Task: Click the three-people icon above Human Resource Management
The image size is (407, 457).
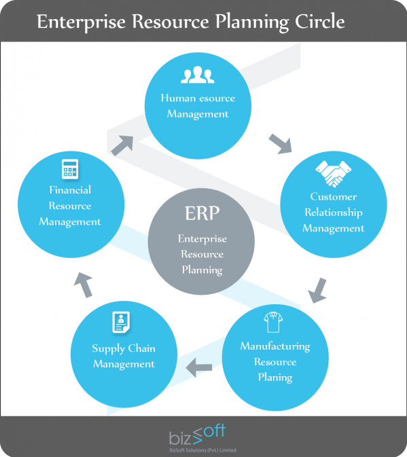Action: point(198,75)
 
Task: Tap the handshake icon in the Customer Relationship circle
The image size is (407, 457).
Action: point(333,173)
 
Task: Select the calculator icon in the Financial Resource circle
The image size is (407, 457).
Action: point(70,169)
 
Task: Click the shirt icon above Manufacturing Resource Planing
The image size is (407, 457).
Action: point(273,322)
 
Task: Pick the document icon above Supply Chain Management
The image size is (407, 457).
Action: point(121,322)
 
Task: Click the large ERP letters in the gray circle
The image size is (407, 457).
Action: point(202,213)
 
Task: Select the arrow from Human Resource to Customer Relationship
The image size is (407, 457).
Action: point(281,144)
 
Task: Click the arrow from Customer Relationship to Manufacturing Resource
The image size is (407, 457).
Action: point(317,291)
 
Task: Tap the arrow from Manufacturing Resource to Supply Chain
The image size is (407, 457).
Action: point(199,367)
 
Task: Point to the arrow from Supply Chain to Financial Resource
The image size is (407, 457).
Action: point(84,285)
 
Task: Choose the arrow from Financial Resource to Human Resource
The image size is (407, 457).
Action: point(122,145)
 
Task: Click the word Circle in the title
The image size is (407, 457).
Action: point(320,22)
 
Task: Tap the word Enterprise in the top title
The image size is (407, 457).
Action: point(82,22)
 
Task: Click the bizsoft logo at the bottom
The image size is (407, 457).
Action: point(197,435)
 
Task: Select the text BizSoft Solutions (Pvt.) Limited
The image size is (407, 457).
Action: point(202,450)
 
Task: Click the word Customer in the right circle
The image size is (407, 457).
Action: point(333,197)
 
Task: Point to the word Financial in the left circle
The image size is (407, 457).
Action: point(70,190)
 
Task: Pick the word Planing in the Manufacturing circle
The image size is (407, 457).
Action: point(275,378)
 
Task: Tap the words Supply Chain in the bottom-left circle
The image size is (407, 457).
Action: point(124,349)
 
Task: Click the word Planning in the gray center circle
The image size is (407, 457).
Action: point(202,270)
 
